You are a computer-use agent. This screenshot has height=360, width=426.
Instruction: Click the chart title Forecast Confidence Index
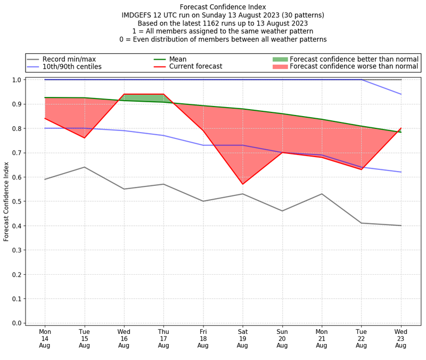[223, 7]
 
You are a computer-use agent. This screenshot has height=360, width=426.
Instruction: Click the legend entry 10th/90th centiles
[72, 67]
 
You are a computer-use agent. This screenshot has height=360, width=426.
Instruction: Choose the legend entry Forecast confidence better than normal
[354, 59]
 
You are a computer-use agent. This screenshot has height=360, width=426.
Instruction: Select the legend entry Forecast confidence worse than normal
[354, 67]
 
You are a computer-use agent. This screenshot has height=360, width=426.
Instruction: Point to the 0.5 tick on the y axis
[18, 201]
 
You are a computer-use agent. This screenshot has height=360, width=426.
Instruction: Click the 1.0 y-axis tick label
[18, 80]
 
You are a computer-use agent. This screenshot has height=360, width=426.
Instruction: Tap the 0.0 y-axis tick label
[18, 323]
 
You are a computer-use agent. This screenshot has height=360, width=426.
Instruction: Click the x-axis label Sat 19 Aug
[243, 338]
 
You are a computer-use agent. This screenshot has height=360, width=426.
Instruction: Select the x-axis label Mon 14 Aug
[45, 338]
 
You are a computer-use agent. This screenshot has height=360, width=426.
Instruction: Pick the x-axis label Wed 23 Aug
[401, 338]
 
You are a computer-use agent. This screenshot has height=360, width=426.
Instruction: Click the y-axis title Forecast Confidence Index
[6, 201]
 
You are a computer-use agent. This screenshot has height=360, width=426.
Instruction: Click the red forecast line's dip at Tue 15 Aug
[84, 138]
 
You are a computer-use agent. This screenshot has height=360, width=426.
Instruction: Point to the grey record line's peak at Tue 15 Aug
[84, 167]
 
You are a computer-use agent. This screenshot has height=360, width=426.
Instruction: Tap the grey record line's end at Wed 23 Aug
[401, 225]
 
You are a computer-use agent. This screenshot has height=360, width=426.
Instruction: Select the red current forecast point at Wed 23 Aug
[401, 128]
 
